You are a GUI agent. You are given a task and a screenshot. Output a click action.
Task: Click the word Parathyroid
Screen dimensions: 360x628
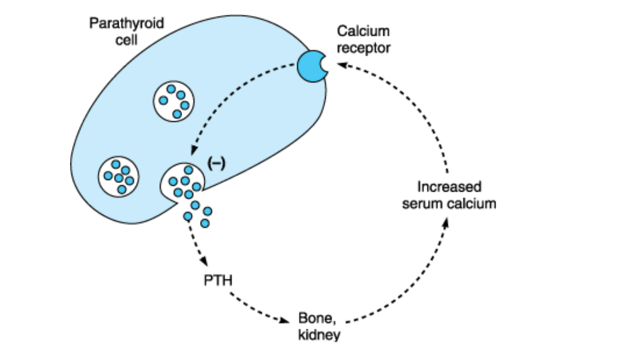127,24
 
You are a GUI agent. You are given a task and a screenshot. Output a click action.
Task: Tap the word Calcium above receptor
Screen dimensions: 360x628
363,32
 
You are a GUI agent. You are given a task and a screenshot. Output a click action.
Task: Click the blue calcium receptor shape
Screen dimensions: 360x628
310,65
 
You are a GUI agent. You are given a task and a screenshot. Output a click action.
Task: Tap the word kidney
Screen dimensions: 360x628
319,335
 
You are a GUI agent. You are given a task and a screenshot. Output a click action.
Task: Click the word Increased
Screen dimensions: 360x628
449,187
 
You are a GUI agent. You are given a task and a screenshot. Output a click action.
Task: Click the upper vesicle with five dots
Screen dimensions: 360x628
175,100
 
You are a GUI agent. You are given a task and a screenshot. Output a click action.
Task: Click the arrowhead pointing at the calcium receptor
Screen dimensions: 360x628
340,65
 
